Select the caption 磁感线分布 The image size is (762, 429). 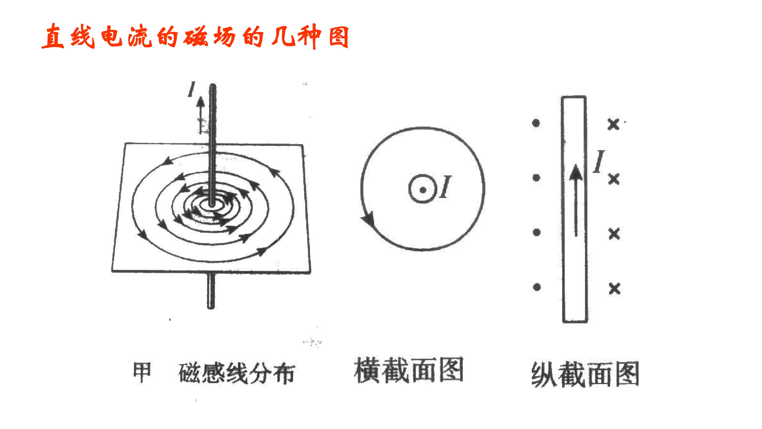click(237, 374)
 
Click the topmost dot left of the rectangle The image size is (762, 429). click(536, 123)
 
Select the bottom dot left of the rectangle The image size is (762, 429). click(537, 287)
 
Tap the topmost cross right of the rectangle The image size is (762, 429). click(613, 124)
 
